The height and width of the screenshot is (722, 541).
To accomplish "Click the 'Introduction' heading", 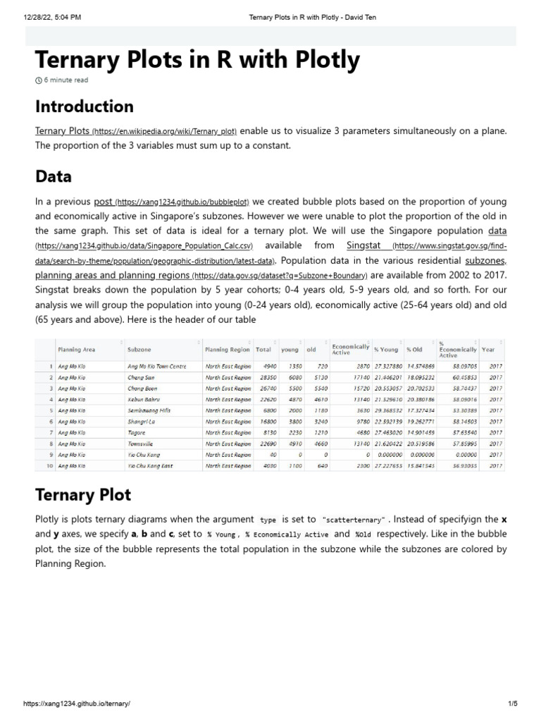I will [85, 107].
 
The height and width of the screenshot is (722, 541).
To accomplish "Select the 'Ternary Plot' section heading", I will [83, 495].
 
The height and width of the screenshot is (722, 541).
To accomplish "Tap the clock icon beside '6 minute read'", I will [39, 80].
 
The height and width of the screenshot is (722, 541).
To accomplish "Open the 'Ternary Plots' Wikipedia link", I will [63, 131].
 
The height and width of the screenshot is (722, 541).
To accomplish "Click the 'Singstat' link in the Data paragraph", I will [363, 245].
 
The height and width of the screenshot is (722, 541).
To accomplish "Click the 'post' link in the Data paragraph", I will [104, 202].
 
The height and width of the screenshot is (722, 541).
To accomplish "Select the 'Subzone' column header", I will [139, 349].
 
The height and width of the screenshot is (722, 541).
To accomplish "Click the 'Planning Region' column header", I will [227, 349].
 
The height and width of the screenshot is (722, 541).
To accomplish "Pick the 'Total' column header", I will [263, 349].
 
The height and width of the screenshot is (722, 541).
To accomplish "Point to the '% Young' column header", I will [386, 349].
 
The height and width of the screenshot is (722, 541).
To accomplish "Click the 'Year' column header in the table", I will [488, 349].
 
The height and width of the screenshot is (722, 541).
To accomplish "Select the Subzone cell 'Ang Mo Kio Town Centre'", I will [156, 367].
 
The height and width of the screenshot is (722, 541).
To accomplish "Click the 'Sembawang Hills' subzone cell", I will [149, 410].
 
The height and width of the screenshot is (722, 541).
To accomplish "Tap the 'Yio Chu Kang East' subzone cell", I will [150, 466].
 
